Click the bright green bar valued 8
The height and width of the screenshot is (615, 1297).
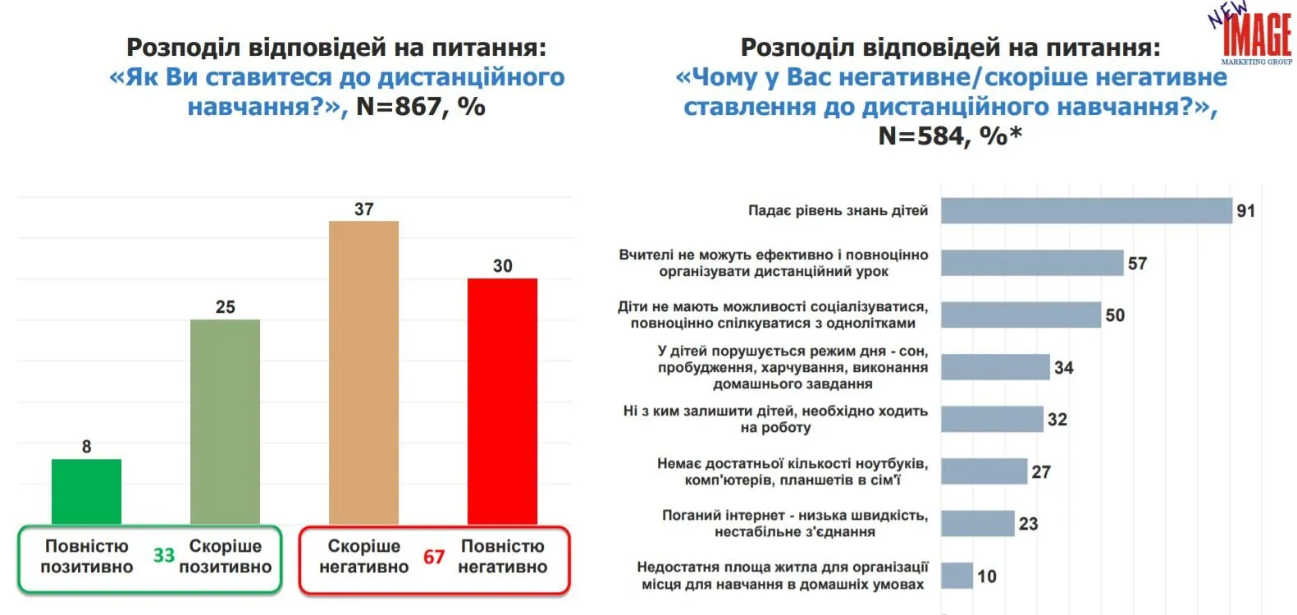tap(86, 491)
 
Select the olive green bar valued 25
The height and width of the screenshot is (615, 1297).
tap(225, 421)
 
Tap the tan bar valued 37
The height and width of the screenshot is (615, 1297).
tap(363, 372)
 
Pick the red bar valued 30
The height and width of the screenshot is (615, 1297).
tap(502, 401)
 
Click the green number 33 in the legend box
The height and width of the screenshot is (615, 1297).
tap(164, 556)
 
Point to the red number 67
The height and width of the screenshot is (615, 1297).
tap(434, 558)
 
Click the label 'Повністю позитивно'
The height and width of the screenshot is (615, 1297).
tap(86, 557)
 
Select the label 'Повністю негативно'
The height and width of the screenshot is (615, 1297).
tap(502, 557)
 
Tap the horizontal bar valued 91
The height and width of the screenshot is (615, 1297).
tap(1086, 211)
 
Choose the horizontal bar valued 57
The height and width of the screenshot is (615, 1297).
tap(1032, 263)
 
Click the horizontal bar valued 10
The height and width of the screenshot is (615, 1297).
tap(957, 576)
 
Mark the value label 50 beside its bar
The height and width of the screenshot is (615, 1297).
tap(1115, 315)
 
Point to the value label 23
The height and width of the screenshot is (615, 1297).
tap(1028, 524)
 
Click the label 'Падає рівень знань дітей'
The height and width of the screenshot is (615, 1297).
tap(838, 211)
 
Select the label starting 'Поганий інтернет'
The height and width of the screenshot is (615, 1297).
tap(794, 524)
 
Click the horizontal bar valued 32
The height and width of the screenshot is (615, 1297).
tap(992, 420)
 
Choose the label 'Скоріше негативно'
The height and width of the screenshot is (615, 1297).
tap(363, 557)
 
